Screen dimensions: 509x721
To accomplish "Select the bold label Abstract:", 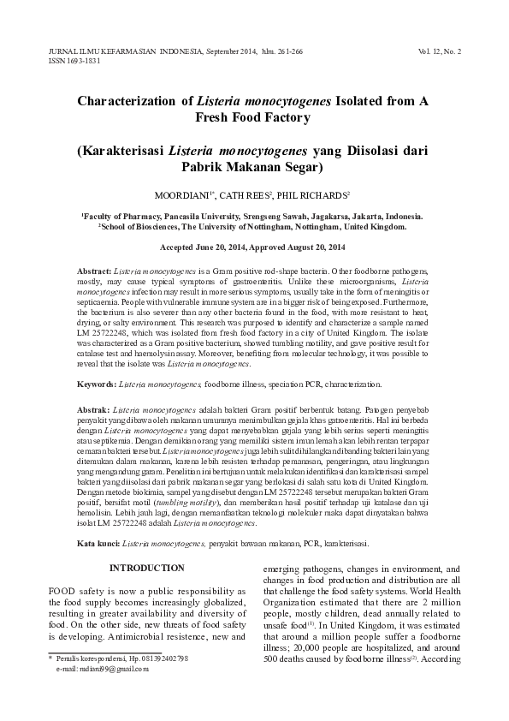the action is pos(94,271).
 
